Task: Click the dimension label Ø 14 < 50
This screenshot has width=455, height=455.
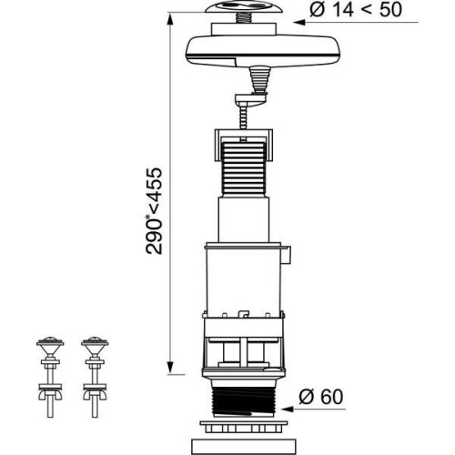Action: [x=356, y=10]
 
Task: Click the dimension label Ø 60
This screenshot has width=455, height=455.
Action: [x=321, y=397]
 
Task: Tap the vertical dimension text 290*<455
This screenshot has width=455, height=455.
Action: [x=154, y=211]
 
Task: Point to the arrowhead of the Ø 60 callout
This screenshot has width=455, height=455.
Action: [x=287, y=409]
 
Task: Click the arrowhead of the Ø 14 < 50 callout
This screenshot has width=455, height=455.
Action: [x=298, y=22]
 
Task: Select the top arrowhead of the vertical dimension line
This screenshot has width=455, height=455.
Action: [x=170, y=20]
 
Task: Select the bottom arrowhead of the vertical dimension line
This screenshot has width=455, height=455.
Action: [x=170, y=368]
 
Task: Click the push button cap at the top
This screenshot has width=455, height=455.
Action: [x=244, y=6]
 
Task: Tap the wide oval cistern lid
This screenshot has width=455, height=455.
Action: [x=264, y=51]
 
